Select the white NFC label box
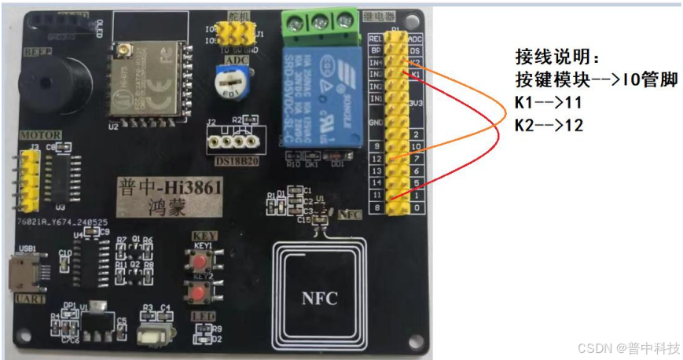[x=320, y=299]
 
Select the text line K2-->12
[x=549, y=124]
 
